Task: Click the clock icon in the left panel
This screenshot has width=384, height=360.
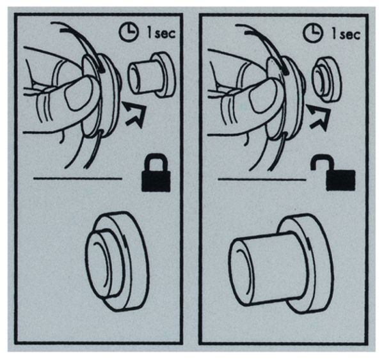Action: [x=128, y=33]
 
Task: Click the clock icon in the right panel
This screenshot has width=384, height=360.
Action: [x=312, y=33]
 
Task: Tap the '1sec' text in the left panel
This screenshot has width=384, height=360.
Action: [x=161, y=33]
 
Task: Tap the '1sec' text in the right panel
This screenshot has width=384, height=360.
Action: [x=346, y=34]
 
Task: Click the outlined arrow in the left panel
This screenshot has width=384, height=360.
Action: [x=135, y=114]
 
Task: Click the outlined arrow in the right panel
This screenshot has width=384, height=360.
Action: [x=319, y=117]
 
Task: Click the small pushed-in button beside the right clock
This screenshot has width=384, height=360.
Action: [x=327, y=79]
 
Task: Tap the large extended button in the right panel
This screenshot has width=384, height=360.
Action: [x=281, y=264]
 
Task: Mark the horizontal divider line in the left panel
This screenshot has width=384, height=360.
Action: [x=77, y=178]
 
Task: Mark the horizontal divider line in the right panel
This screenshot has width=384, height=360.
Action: [x=262, y=180]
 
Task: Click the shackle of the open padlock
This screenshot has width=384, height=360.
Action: [x=321, y=162]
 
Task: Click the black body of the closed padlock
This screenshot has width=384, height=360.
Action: [x=156, y=181]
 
